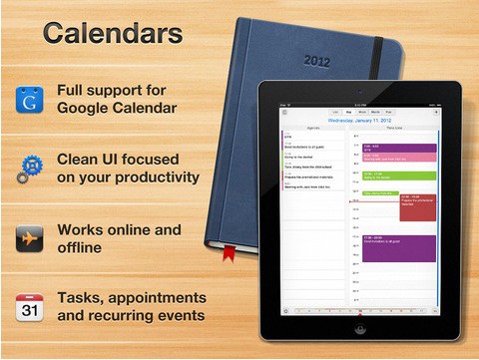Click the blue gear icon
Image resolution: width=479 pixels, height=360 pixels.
[x=29, y=169]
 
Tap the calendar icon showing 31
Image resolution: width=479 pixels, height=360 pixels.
[x=29, y=306]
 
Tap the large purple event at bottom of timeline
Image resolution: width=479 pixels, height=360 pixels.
[x=398, y=247]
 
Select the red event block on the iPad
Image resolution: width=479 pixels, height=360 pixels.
[x=417, y=206]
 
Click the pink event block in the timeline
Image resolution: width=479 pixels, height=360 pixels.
[x=398, y=160]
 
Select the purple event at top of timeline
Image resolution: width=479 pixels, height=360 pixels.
[x=398, y=149]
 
